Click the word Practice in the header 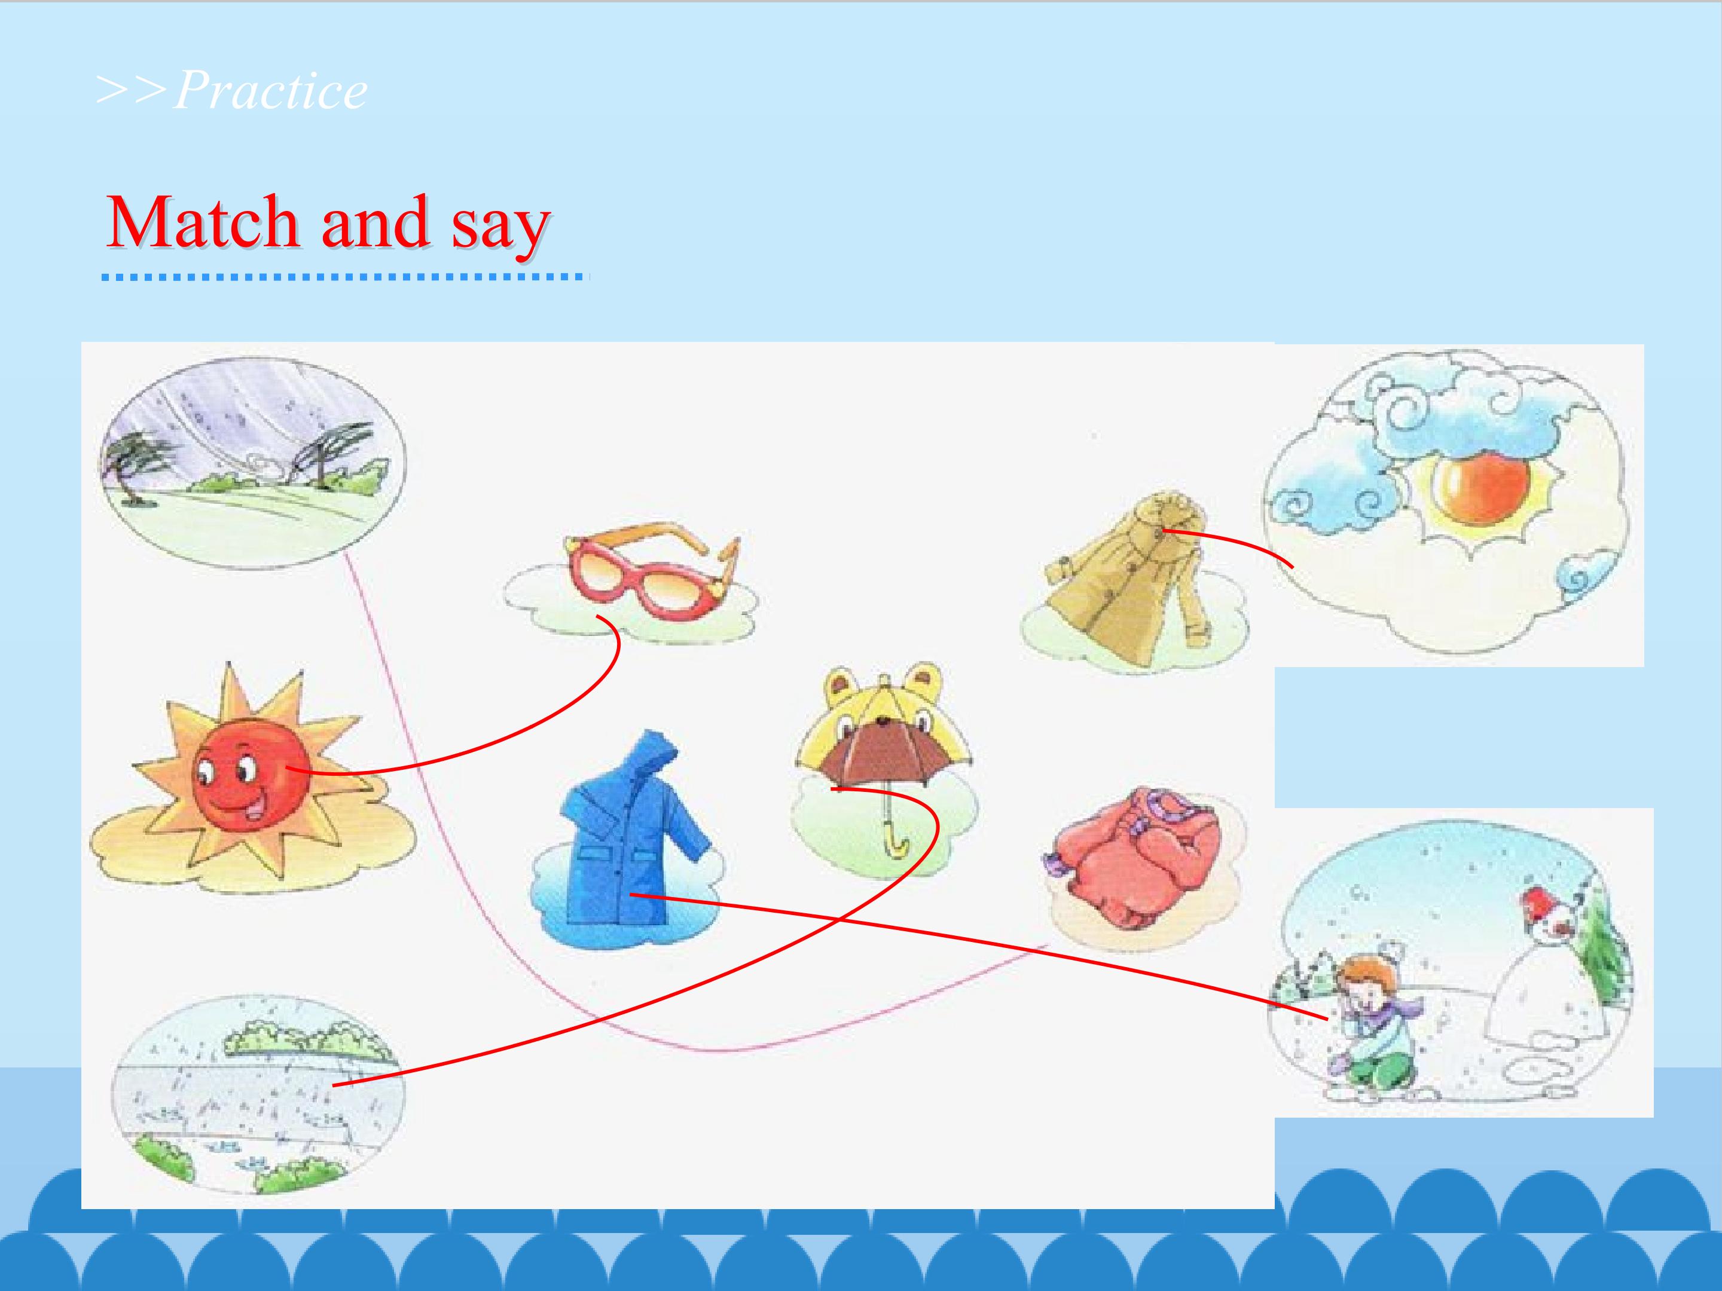pos(270,91)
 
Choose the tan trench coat pos(1129,580)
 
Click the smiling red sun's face pos(251,778)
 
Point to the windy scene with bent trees pos(254,464)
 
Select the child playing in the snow pos(1372,1024)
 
